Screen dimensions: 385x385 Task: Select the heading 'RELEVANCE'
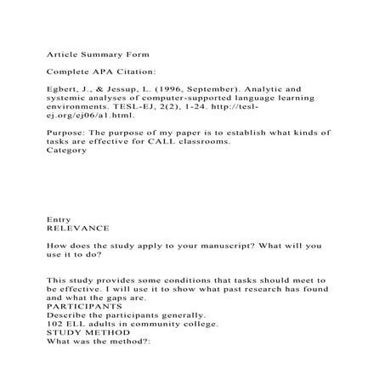point(77,229)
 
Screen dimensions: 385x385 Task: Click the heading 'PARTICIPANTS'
point(84,307)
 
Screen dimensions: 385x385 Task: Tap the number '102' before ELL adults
point(55,325)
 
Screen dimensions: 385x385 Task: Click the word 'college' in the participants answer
point(204,325)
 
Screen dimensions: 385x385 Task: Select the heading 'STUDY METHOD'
point(86,333)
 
